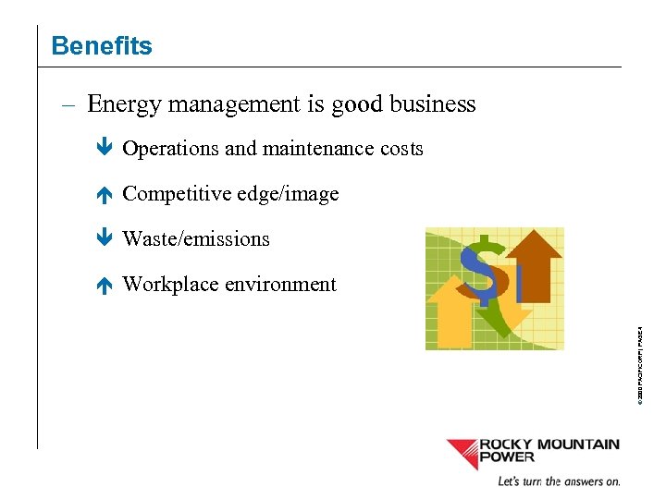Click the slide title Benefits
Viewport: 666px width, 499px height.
(102, 45)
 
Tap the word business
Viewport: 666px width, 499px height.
(432, 104)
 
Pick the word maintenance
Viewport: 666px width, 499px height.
(318, 149)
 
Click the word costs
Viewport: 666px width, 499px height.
(401, 149)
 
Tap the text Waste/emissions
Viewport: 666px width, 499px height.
(196, 239)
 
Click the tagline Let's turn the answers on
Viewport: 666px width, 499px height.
(559, 481)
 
